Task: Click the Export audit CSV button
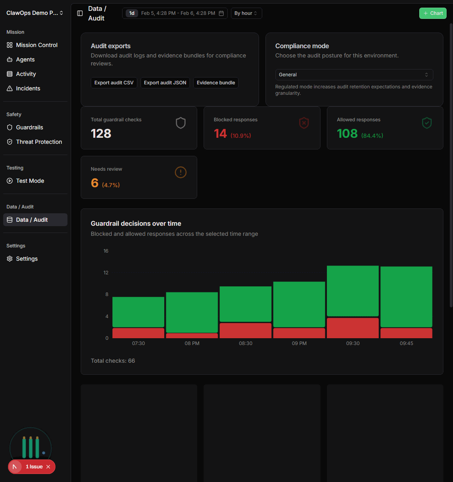[x=114, y=83]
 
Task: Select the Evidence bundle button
[x=216, y=83]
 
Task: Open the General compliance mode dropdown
[x=354, y=75]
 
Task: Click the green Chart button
[x=433, y=13]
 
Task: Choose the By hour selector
[x=246, y=13]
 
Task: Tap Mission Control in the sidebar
[x=37, y=45]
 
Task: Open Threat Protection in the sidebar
[x=39, y=142]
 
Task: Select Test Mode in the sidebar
[x=30, y=181]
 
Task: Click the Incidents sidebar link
[x=28, y=88]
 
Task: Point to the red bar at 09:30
[x=353, y=328]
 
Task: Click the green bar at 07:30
[x=138, y=312]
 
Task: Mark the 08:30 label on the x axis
[x=245, y=343]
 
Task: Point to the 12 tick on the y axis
[x=106, y=273]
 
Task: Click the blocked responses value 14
[x=220, y=134]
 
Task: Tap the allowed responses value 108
[x=347, y=134]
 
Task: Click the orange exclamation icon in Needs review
[x=181, y=172]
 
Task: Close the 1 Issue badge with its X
[x=48, y=467]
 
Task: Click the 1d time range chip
[x=132, y=13]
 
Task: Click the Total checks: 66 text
[x=113, y=361]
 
